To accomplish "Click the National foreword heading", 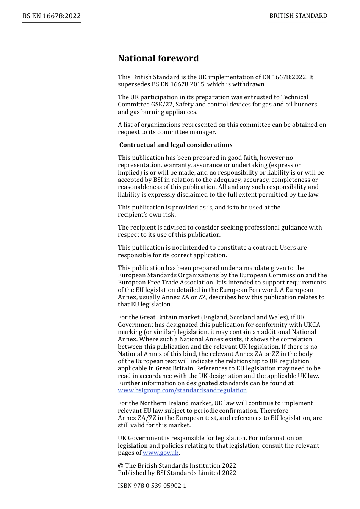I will [x=158, y=58].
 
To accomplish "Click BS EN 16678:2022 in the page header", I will [x=52, y=16].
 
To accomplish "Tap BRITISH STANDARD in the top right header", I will [x=298, y=16].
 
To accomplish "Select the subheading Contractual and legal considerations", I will [x=176, y=145].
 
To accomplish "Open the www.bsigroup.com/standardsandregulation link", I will [x=182, y=390].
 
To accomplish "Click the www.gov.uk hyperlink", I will [x=161, y=453].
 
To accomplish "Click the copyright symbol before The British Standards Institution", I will [x=121, y=466].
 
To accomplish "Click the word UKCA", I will [x=312, y=325].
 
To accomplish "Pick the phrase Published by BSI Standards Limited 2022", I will [x=177, y=473].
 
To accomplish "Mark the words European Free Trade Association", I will [x=160, y=283].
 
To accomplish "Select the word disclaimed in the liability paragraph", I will [x=182, y=195].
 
